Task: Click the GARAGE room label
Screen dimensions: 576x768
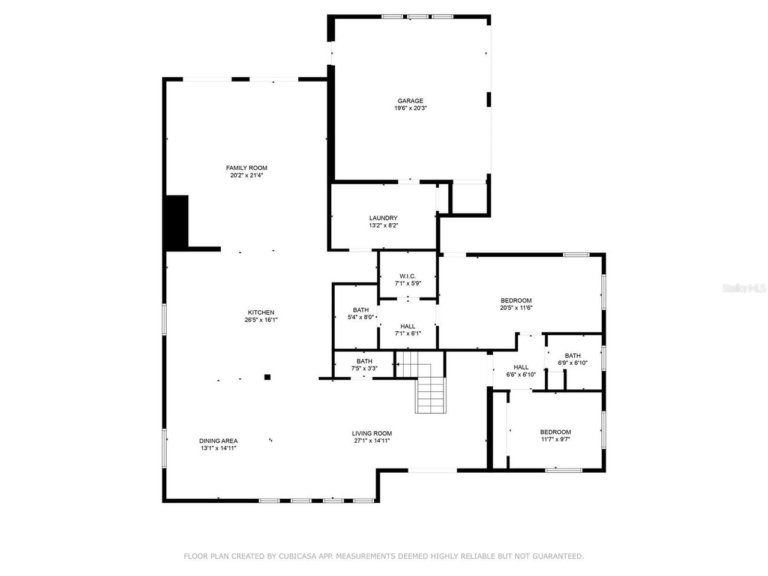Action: click(x=410, y=101)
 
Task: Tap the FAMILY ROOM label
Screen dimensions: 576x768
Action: click(x=247, y=168)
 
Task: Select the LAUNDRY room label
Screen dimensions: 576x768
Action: click(x=383, y=218)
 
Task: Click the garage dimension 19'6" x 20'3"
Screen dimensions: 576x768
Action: click(x=410, y=109)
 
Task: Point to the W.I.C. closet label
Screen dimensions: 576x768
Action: click(x=408, y=276)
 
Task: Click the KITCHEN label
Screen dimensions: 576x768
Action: click(x=261, y=313)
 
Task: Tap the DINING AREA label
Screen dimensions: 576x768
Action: click(x=218, y=440)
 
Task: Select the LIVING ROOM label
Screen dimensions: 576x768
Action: click(x=372, y=433)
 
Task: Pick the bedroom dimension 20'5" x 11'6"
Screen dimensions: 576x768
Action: click(x=517, y=308)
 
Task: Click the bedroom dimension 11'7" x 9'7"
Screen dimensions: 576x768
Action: click(x=556, y=439)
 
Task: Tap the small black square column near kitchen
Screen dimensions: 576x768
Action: click(x=268, y=377)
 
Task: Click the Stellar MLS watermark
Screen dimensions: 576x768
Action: click(x=744, y=289)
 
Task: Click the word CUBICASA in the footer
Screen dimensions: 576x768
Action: click(x=297, y=556)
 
